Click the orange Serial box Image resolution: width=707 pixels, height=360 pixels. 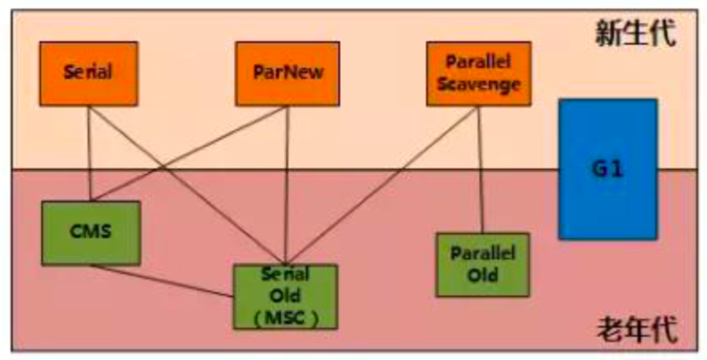(88, 73)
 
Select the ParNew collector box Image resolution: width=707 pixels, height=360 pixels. (288, 73)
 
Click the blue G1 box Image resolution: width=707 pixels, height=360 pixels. (607, 168)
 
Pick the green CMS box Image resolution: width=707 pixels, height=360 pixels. (90, 232)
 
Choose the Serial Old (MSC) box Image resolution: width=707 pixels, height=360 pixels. (286, 296)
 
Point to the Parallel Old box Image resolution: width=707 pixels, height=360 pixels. (482, 264)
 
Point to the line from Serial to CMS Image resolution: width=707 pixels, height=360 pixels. (90, 155)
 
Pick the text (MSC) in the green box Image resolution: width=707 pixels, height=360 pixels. (286, 315)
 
